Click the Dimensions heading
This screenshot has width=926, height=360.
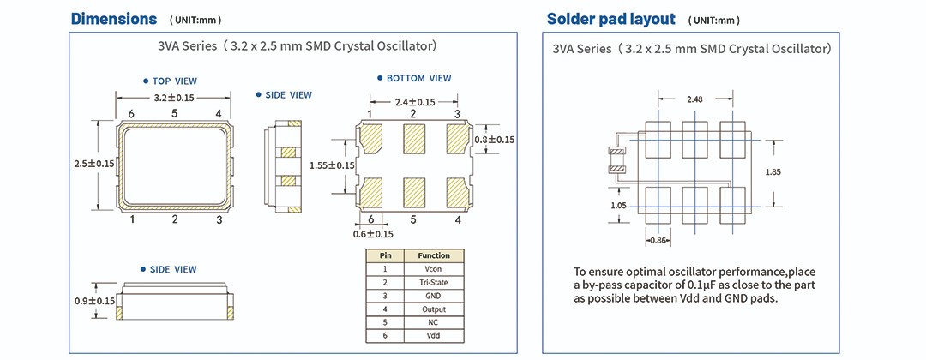pyautogui.click(x=113, y=19)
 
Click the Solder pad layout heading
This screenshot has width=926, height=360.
pyautogui.click(x=610, y=19)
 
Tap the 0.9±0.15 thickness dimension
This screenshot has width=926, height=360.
pyautogui.click(x=94, y=301)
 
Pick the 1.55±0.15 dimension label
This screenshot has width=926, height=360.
pyautogui.click(x=332, y=165)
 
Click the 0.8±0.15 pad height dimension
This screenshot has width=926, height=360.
pyautogui.click(x=494, y=140)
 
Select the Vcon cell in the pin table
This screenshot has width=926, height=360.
pyautogui.click(x=433, y=268)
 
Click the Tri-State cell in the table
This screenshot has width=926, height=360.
pyautogui.click(x=433, y=282)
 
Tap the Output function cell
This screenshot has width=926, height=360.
pyautogui.click(x=433, y=309)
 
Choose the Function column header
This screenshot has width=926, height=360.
pyautogui.click(x=433, y=255)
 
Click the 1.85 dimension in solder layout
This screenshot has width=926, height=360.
pyautogui.click(x=774, y=172)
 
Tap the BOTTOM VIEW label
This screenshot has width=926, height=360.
pyautogui.click(x=418, y=78)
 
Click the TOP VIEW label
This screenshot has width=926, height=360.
pyautogui.click(x=174, y=81)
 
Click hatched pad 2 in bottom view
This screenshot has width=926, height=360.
pyautogui.click(x=413, y=137)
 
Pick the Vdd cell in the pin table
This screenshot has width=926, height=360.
pyautogui.click(x=433, y=336)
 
